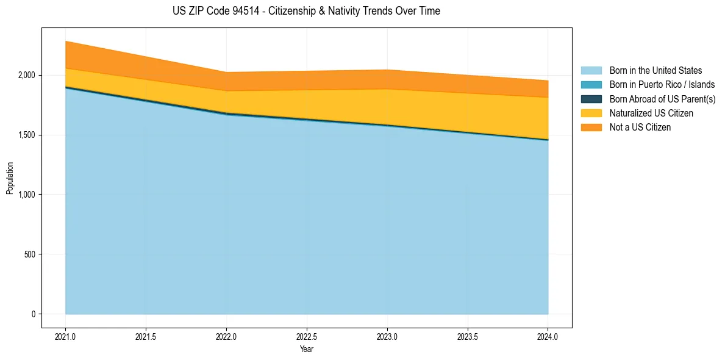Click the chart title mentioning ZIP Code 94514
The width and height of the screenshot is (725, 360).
pyautogui.click(x=306, y=10)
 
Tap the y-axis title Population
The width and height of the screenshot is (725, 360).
pyautogui.click(x=9, y=178)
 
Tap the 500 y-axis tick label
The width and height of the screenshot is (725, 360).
pyautogui.click(x=32, y=254)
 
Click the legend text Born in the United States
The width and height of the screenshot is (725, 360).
pyautogui.click(x=655, y=71)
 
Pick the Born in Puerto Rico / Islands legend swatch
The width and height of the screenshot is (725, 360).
pyautogui.click(x=591, y=85)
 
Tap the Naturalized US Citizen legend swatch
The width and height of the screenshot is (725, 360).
pyautogui.click(x=591, y=113)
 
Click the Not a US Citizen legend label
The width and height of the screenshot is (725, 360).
pyautogui.click(x=640, y=128)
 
